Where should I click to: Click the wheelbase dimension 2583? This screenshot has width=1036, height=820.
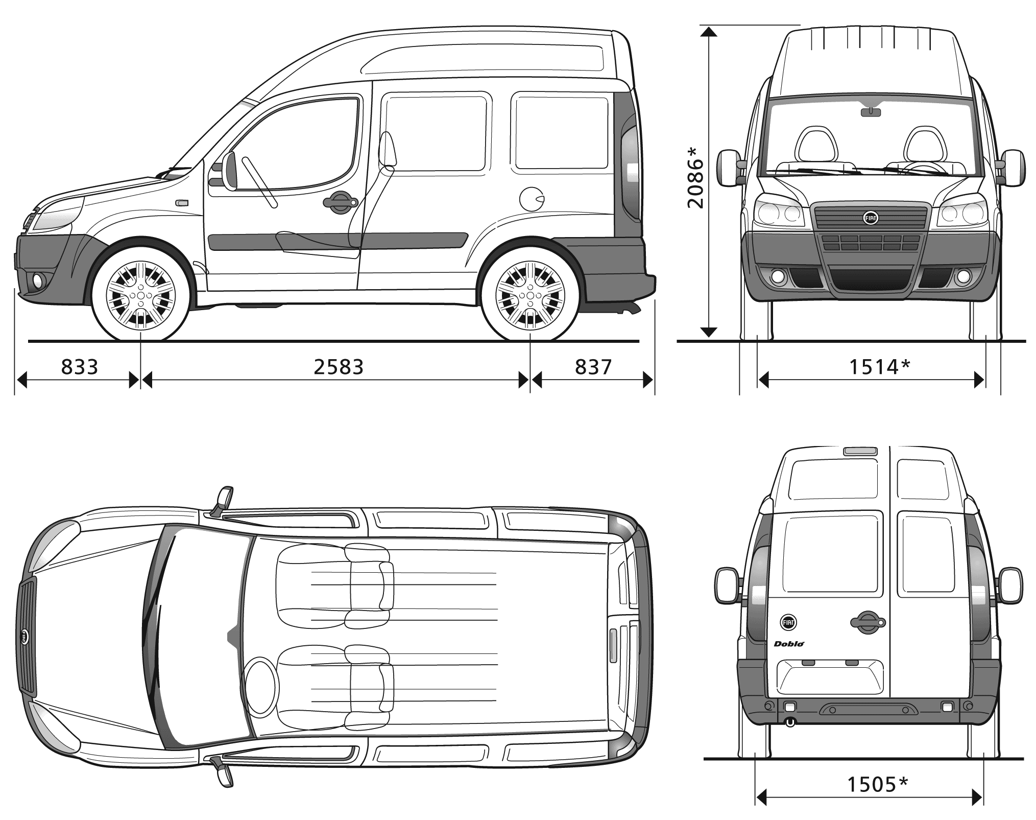(339, 367)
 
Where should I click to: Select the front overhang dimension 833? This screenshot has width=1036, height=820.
(79, 367)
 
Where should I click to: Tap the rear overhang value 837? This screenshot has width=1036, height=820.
(593, 367)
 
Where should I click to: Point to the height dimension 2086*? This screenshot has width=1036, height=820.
(695, 177)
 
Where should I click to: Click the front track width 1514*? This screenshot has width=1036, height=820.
(880, 367)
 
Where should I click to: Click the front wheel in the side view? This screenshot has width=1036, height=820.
(141, 295)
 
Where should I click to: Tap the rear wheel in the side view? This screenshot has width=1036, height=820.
(531, 295)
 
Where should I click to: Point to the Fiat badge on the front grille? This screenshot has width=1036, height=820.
(870, 218)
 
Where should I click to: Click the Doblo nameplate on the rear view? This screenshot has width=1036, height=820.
(789, 644)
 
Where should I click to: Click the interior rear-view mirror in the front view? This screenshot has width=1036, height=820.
(871, 111)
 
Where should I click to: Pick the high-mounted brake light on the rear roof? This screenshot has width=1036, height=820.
(860, 451)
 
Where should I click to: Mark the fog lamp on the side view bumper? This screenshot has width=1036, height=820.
(37, 279)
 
